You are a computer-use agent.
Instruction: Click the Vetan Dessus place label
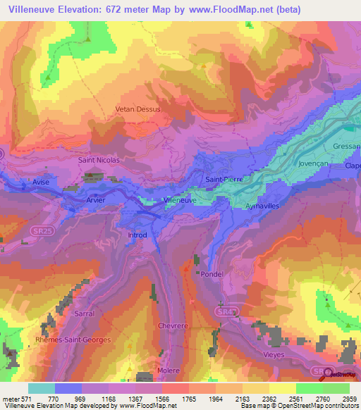[138, 110]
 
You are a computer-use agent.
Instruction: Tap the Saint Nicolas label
[99, 160]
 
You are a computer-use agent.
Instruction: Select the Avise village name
[41, 182]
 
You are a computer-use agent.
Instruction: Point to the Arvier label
[96, 200]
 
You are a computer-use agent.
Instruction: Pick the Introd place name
[137, 235]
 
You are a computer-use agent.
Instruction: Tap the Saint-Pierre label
[224, 180]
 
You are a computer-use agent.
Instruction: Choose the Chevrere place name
[173, 325]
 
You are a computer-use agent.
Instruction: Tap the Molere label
[169, 371]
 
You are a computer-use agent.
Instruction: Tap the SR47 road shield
[222, 311]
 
